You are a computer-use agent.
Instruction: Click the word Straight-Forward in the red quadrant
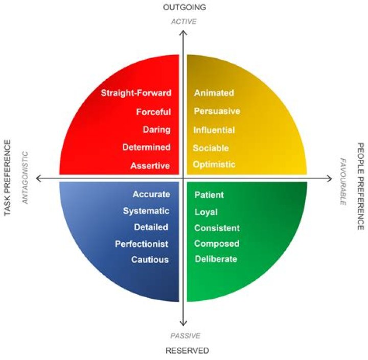click(x=135, y=93)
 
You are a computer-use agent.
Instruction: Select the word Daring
click(x=156, y=130)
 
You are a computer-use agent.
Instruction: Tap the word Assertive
click(x=150, y=165)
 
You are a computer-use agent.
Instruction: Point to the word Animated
click(x=214, y=93)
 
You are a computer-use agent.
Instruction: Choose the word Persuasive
click(x=217, y=111)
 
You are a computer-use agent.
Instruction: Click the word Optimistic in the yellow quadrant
click(x=214, y=164)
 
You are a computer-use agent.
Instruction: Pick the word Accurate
click(x=151, y=194)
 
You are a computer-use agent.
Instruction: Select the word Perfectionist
click(x=142, y=244)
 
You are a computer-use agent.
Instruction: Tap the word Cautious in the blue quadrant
click(x=150, y=259)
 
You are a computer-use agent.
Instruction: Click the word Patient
click(x=209, y=195)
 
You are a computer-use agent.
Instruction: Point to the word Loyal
click(x=205, y=212)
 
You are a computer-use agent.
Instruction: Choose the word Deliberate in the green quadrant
click(x=216, y=259)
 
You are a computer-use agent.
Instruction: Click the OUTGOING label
click(x=184, y=7)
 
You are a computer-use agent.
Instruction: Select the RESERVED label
click(x=187, y=350)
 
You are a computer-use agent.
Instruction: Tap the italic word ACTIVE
click(x=183, y=21)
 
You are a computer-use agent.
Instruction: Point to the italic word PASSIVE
click(x=185, y=335)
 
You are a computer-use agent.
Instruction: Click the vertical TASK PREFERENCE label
click(x=8, y=178)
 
